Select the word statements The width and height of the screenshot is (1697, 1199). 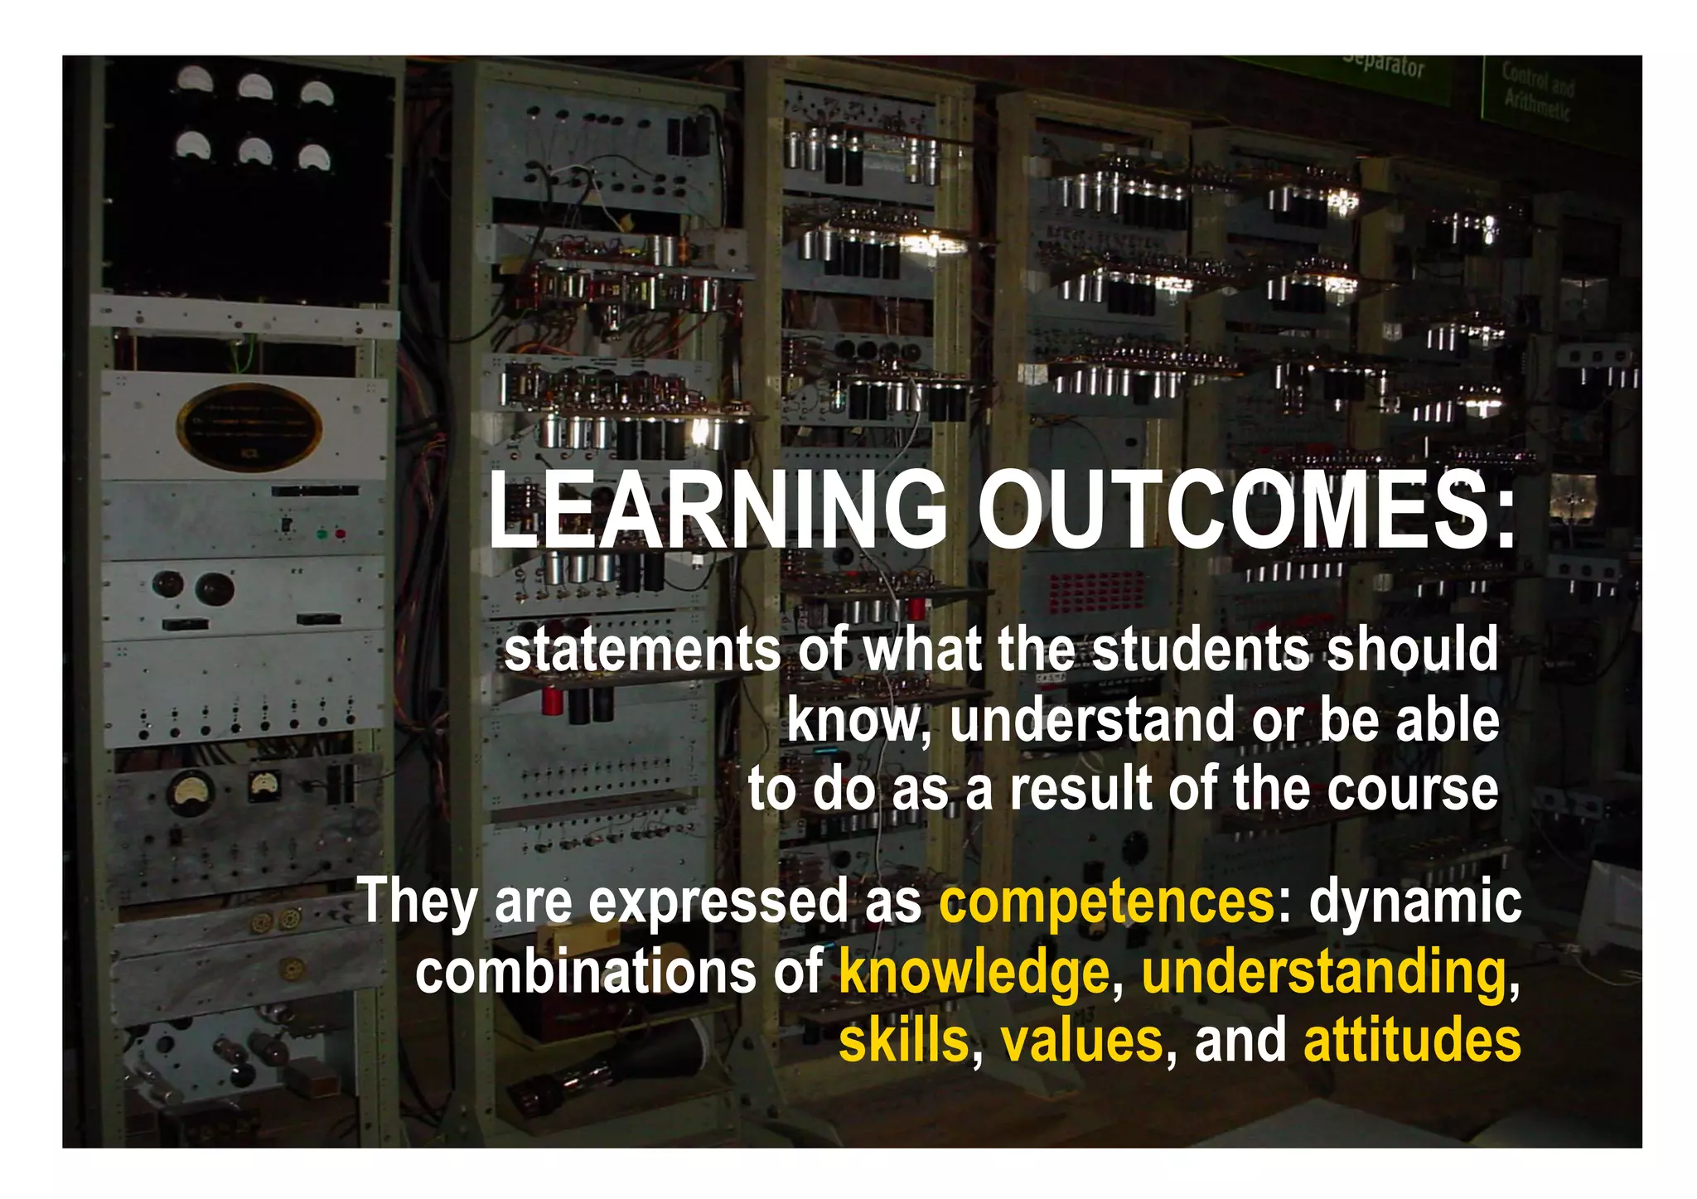coord(642,650)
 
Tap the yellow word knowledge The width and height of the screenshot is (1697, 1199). coord(974,972)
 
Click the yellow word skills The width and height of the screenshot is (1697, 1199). coord(903,1041)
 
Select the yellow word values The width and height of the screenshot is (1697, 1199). coord(1082,1041)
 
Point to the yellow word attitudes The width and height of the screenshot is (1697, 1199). coord(1412,1041)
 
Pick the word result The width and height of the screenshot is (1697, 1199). coord(1081,789)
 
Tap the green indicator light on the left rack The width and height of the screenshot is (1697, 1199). coord(322,534)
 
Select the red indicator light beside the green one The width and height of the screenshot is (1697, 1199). coord(340,534)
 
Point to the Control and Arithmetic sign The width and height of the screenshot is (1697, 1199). coord(1537,89)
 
